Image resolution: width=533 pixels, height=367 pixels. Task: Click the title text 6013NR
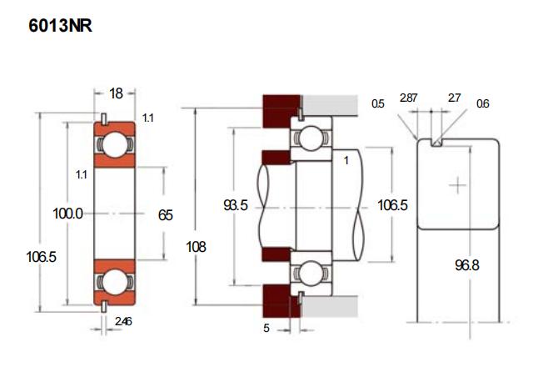[x=60, y=26]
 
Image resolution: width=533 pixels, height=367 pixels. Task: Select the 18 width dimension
[x=116, y=93]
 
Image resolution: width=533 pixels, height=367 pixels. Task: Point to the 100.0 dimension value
[x=67, y=214]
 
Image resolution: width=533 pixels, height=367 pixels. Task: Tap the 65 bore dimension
[x=165, y=214]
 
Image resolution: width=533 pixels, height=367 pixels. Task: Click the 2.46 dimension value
[x=122, y=321]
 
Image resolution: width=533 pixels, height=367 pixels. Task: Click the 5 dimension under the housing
[x=266, y=329]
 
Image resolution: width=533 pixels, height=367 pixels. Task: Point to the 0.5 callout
[x=377, y=104]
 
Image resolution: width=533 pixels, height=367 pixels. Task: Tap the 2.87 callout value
[x=408, y=98]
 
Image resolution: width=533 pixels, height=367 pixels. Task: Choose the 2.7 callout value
[x=454, y=98]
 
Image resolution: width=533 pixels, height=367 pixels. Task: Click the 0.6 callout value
[x=483, y=104]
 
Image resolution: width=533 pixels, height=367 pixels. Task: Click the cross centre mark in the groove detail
[x=457, y=185]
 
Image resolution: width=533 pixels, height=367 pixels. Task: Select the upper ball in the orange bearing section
[x=114, y=145]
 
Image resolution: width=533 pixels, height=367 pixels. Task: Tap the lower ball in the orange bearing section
[x=114, y=279]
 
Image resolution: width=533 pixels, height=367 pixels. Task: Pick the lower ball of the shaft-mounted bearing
[x=311, y=271]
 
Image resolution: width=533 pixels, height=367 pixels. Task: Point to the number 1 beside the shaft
[x=346, y=159]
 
